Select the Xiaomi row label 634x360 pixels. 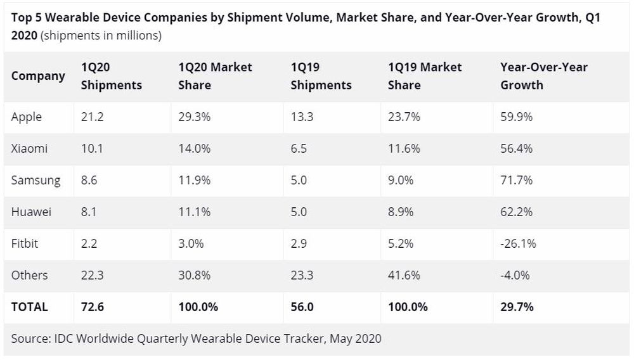point(29,148)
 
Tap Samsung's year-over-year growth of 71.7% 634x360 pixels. point(516,180)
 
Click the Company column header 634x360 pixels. point(38,75)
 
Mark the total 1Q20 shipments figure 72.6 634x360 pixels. point(93,307)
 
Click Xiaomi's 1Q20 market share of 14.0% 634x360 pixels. point(194,148)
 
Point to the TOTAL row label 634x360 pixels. point(29,307)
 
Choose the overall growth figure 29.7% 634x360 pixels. point(517,307)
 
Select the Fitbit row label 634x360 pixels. point(25,243)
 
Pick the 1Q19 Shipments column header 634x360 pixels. point(321,75)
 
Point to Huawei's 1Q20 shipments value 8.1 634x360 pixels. point(89,212)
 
